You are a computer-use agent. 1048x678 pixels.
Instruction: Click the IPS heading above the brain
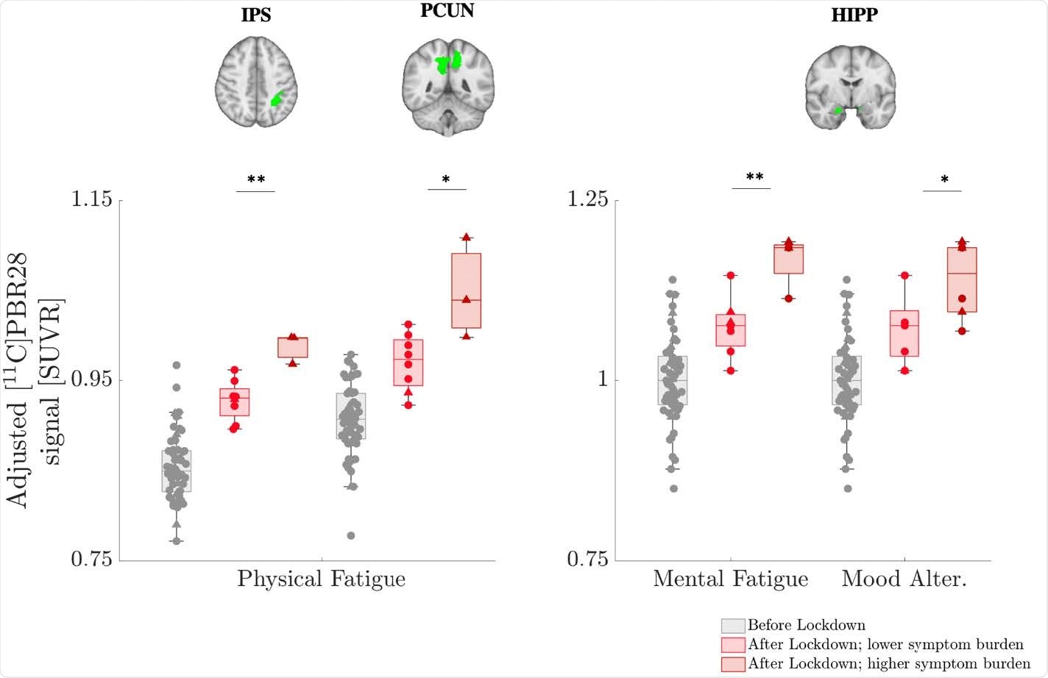click(x=255, y=15)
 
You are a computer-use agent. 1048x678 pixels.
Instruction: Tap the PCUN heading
click(x=447, y=11)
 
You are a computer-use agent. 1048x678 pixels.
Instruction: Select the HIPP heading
click(x=854, y=15)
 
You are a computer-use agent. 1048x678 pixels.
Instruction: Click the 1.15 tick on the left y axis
click(x=91, y=199)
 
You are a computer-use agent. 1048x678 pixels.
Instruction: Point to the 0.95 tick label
click(x=91, y=379)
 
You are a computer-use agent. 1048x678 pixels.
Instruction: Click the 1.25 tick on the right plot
click(x=588, y=199)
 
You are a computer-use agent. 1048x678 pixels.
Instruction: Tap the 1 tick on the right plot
click(x=602, y=379)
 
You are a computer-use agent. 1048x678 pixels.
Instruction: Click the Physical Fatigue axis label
click(x=321, y=579)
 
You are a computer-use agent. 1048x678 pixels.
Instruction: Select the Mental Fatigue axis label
click(x=730, y=579)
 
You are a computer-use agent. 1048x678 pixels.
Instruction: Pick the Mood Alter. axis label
click(x=904, y=579)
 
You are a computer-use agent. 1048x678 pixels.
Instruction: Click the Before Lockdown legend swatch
click(x=732, y=626)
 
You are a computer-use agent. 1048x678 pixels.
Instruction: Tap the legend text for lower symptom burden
click(x=885, y=645)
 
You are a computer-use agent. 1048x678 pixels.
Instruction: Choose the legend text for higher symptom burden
click(x=889, y=663)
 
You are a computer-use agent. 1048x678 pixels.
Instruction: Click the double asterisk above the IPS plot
click(x=255, y=179)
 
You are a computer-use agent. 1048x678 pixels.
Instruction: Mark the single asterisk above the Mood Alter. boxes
click(x=944, y=180)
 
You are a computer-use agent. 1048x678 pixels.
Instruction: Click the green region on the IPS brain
click(x=277, y=99)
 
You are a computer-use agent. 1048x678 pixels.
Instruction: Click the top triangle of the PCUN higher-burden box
click(x=466, y=237)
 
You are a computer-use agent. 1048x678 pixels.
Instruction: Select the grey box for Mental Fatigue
click(x=672, y=380)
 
